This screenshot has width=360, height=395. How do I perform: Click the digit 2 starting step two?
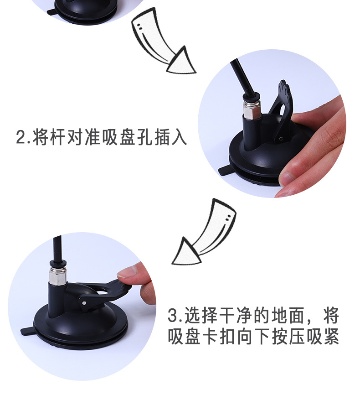click(x=21, y=137)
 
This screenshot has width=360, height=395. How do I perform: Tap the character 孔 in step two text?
click(x=144, y=137)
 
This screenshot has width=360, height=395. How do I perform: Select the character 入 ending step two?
click(x=179, y=137)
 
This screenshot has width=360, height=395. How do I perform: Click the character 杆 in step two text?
click(x=58, y=137)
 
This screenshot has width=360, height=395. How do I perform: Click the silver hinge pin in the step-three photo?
click(x=84, y=302)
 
